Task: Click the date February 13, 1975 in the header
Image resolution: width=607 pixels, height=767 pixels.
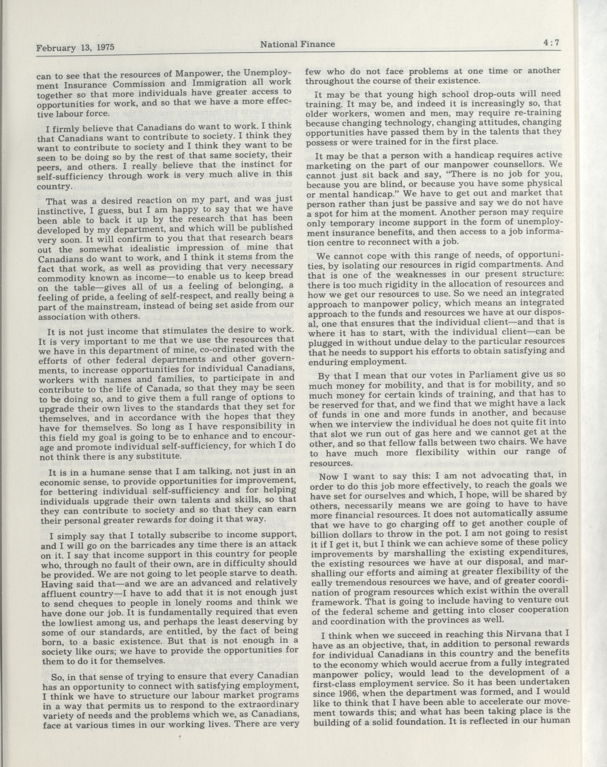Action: pyautogui.click(x=75, y=47)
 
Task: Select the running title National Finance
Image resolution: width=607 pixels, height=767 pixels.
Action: pyautogui.click(x=298, y=44)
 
